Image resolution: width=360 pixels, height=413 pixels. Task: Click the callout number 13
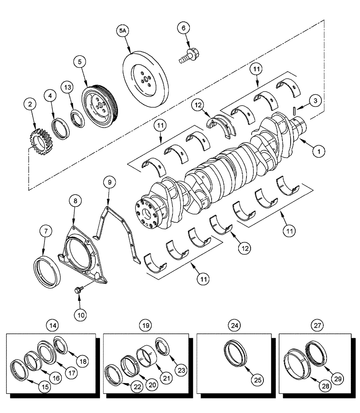coord(68,88)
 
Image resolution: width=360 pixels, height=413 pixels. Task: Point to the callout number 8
coord(75,202)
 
